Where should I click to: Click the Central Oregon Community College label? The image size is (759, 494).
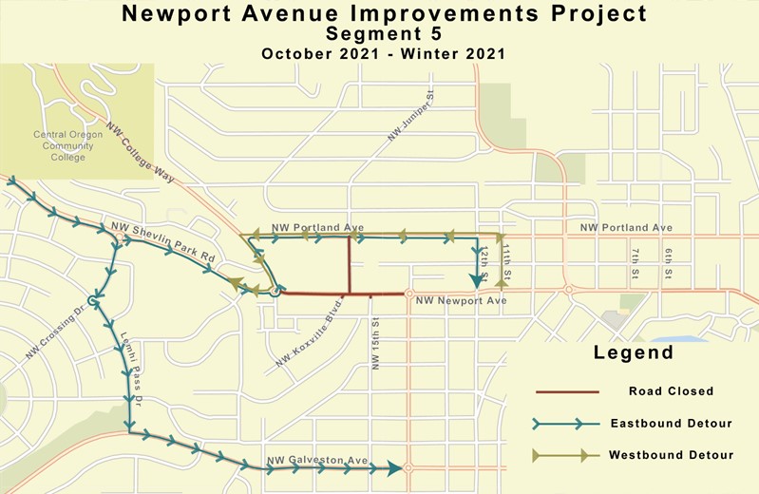(x=67, y=145)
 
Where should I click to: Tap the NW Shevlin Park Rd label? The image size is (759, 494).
(x=164, y=237)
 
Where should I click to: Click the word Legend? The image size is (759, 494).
(x=634, y=353)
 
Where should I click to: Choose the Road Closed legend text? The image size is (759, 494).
(x=671, y=390)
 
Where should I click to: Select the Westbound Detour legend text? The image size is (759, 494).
(x=671, y=455)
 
